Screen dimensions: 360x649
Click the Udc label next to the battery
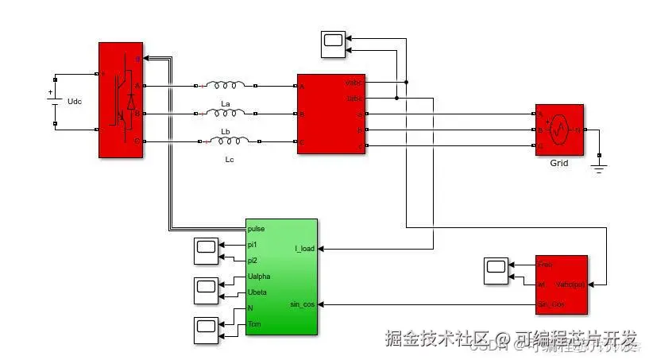75,103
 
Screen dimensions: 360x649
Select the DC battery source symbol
54,102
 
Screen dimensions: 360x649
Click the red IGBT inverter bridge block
120,99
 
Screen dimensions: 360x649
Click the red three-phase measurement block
330,114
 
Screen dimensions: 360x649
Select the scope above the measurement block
334,44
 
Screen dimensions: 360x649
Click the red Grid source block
558,129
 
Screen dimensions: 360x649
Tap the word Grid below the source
559,163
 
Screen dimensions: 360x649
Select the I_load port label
304,249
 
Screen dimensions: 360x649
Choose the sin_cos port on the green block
303,304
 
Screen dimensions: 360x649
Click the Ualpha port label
259,277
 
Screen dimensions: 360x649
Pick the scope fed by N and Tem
207,329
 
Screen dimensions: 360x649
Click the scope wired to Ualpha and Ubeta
207,289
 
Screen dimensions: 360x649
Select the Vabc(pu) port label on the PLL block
570,284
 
